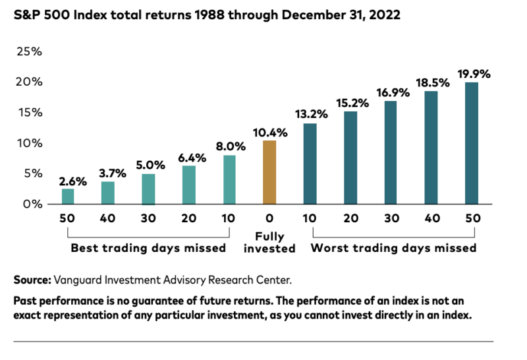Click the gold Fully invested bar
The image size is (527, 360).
coord(269,173)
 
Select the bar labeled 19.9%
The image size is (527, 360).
coord(472,143)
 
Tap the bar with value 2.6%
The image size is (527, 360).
coord(68,196)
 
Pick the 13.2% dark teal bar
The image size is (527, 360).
coord(310,164)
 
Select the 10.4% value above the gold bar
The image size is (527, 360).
coord(269,133)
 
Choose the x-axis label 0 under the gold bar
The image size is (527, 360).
coord(269,218)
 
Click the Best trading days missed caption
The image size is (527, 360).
coord(148,249)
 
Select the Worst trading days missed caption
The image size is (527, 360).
coord(393,249)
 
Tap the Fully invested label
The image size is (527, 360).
coord(269,242)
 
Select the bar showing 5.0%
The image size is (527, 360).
coord(148,189)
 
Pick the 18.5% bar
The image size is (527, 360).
coord(431,148)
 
